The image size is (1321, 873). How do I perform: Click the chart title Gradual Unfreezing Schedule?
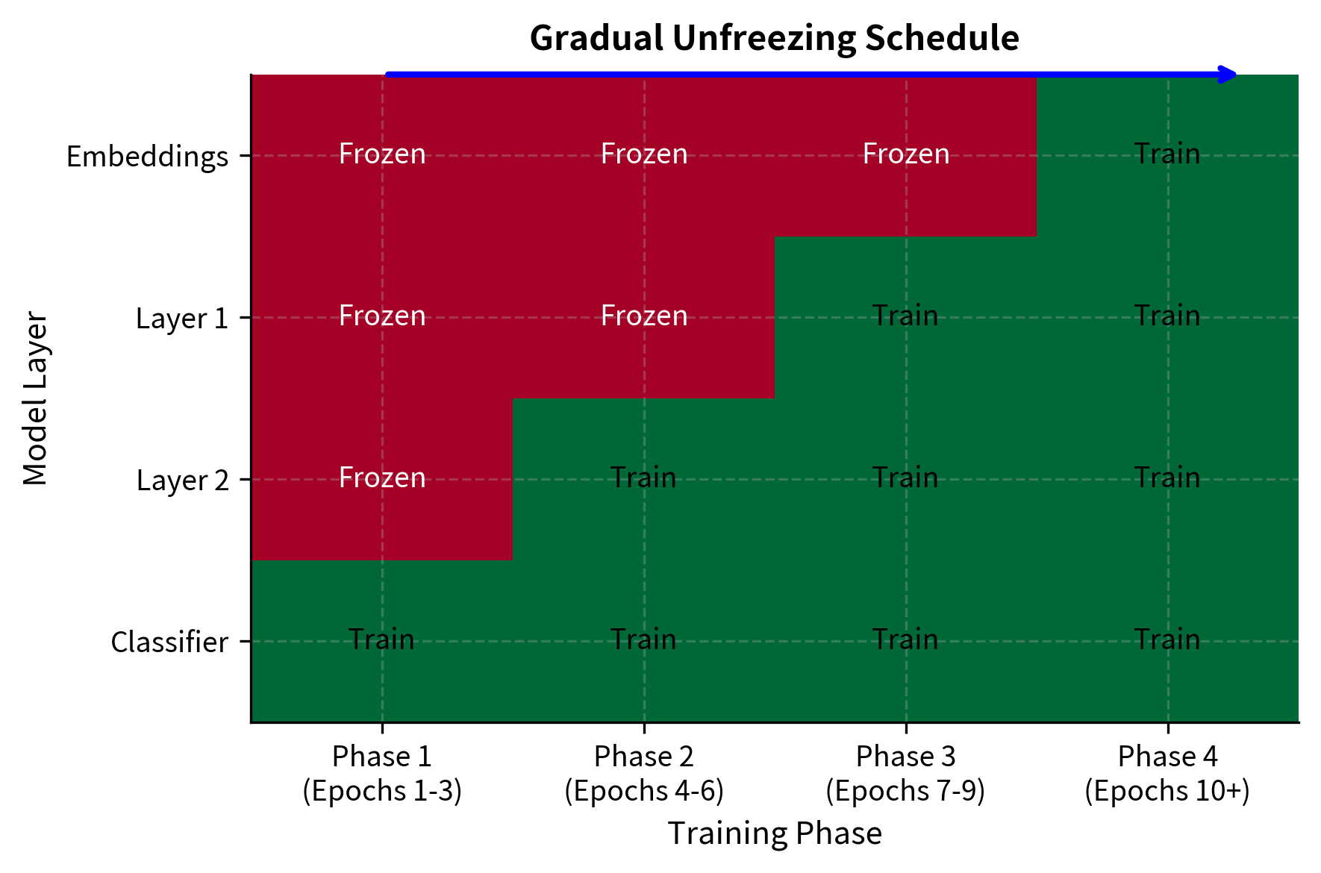pos(774,38)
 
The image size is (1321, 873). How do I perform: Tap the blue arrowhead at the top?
pos(1227,74)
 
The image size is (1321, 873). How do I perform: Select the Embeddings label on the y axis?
pos(147,157)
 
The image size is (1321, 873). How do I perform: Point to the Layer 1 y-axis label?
pos(181,319)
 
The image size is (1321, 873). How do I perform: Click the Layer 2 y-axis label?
pos(182,481)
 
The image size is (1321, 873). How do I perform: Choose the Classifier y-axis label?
pos(169,642)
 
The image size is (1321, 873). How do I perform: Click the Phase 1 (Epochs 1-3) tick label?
pos(382,774)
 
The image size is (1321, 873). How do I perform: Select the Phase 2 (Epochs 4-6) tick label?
pos(644,774)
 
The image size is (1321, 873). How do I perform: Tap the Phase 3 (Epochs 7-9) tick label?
pos(905,774)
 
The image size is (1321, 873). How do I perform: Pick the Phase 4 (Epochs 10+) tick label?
pos(1167,774)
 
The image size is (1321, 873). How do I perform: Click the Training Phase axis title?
pos(774,833)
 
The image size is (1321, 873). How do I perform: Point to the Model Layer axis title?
pos(35,399)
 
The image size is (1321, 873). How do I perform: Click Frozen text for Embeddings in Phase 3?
pos(906,154)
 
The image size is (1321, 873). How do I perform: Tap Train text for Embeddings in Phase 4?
pos(1167,154)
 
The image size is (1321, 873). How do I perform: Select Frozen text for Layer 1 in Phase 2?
pos(644,316)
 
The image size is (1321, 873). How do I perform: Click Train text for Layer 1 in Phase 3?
pos(905,316)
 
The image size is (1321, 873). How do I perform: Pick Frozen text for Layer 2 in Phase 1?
pos(382,478)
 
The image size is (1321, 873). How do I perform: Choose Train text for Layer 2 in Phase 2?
pos(643,478)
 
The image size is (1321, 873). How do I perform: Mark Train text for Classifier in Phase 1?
pos(381,639)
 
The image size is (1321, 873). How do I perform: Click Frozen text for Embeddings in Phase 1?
pos(382,154)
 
